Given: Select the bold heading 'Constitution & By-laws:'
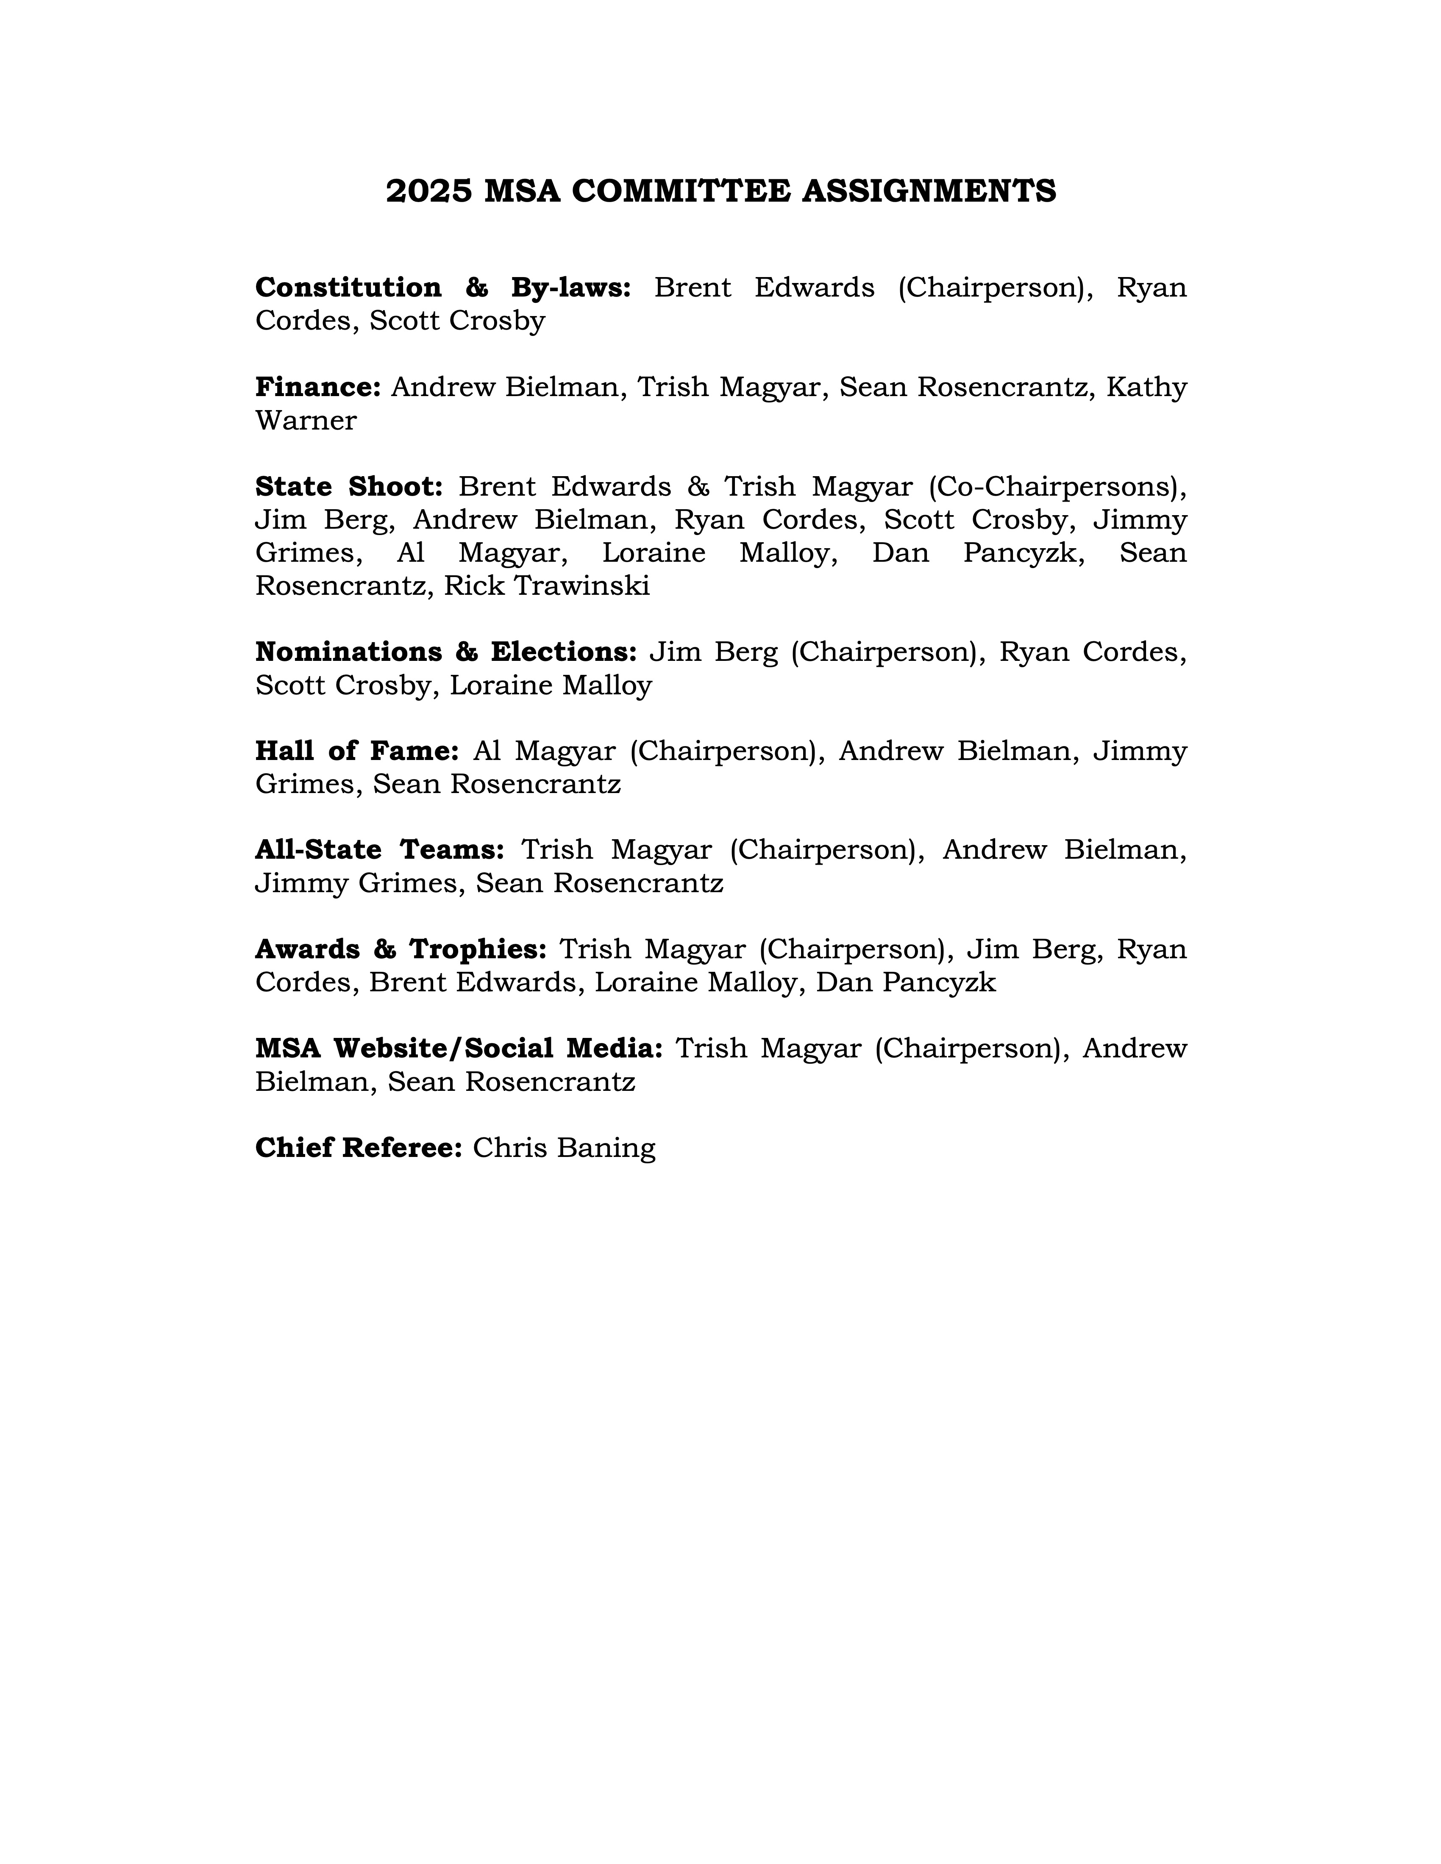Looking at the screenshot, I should pyautogui.click(x=443, y=288).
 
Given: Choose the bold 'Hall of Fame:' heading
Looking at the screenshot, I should pyautogui.click(x=357, y=751).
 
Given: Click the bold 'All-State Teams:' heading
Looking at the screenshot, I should pyautogui.click(x=380, y=850).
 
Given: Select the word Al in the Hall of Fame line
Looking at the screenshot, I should pyautogui.click(x=487, y=751).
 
